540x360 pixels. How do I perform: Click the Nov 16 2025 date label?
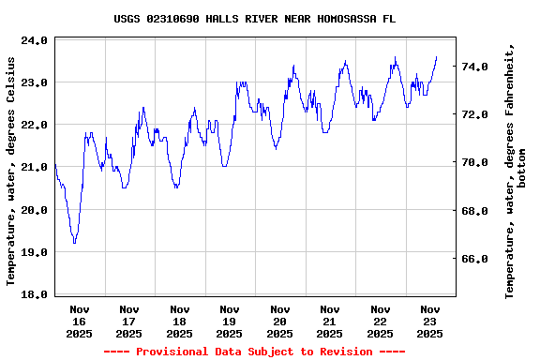(x=80, y=321)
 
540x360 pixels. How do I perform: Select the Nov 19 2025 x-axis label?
(x=230, y=321)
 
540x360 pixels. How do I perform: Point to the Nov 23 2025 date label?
(x=430, y=321)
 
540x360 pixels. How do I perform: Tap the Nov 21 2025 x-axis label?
(x=330, y=321)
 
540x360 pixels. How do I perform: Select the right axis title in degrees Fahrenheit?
(x=515, y=171)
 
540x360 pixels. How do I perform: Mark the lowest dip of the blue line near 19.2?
(x=74, y=243)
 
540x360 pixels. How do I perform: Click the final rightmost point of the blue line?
(x=436, y=57)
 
